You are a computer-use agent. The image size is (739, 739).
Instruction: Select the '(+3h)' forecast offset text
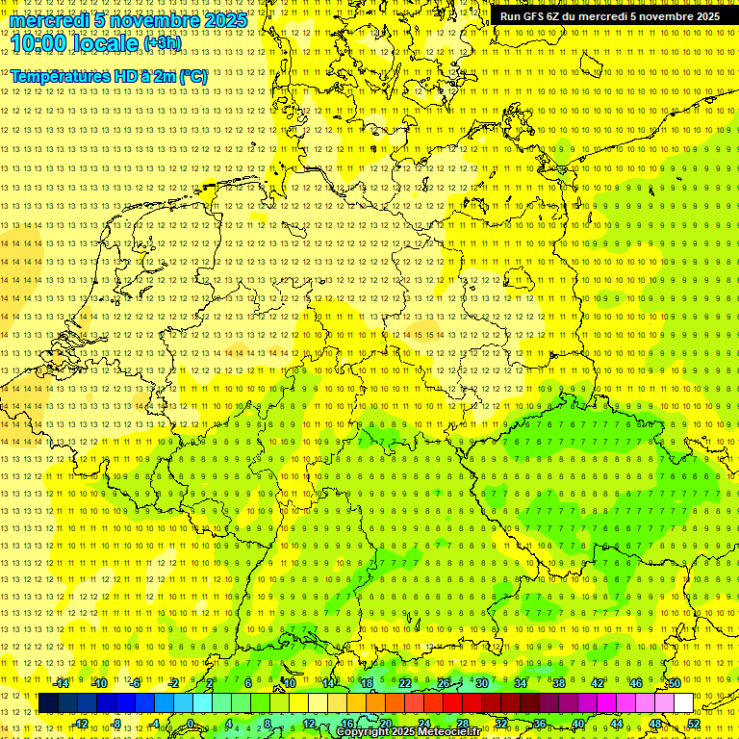[x=161, y=43]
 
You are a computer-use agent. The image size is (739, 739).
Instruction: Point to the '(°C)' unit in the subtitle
[x=192, y=76]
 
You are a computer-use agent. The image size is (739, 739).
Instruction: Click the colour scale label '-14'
[x=62, y=683]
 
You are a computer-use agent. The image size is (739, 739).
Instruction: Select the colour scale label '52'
[x=694, y=724]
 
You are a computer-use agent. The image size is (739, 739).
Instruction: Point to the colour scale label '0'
[x=191, y=724]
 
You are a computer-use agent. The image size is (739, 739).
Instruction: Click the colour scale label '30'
[x=481, y=683]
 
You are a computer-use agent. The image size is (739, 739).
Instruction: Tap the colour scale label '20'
[x=385, y=724]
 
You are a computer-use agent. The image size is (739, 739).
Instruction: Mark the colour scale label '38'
[x=558, y=683]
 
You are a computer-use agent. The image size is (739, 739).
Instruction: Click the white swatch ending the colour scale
[x=683, y=703]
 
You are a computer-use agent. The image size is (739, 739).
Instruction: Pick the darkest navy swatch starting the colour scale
[x=48, y=703]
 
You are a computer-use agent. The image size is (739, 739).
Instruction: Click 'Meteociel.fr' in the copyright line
[x=448, y=732]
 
